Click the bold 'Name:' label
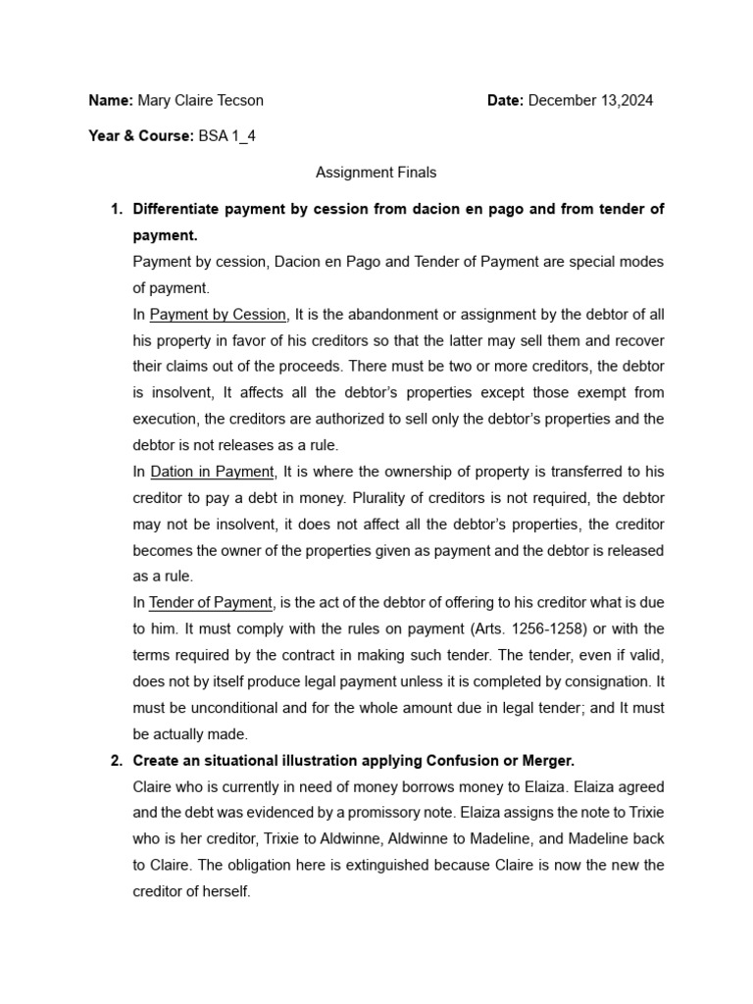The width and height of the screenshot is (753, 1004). coord(110,100)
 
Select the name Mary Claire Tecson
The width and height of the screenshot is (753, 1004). coord(200,100)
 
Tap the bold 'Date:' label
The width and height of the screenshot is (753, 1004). coord(506,100)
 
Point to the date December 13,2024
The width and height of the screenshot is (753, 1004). coord(590,100)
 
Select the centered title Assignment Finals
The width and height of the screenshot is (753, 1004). coord(376,173)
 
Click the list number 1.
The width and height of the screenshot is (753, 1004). coord(115,209)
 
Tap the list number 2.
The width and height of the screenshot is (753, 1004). coord(115,759)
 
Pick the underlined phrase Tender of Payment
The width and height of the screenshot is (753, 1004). coord(211,602)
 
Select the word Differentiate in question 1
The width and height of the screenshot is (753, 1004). coord(177,209)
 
